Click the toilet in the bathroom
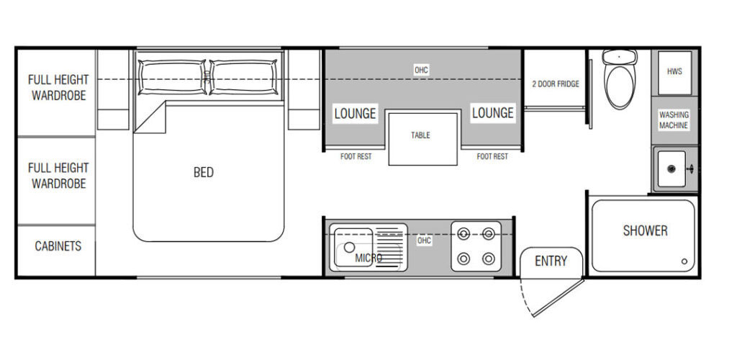coord(620,79)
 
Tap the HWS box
coord(674,73)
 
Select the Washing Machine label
coord(674,120)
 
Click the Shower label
coord(645,230)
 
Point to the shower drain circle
coord(684,261)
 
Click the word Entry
coord(551,261)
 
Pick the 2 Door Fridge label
coord(555,84)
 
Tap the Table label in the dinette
coord(420,135)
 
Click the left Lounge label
coord(355,113)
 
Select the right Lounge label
coord(492,113)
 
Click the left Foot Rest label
coord(356,156)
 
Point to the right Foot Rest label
coord(492,156)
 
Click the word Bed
coord(204,173)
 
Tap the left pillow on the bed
coord(171,77)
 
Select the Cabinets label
coord(58,246)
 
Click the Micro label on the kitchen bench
coord(368,258)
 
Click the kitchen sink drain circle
coord(349,247)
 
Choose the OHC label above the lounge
coord(421,71)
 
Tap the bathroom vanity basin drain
coord(672,168)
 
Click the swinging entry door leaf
coord(559,298)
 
